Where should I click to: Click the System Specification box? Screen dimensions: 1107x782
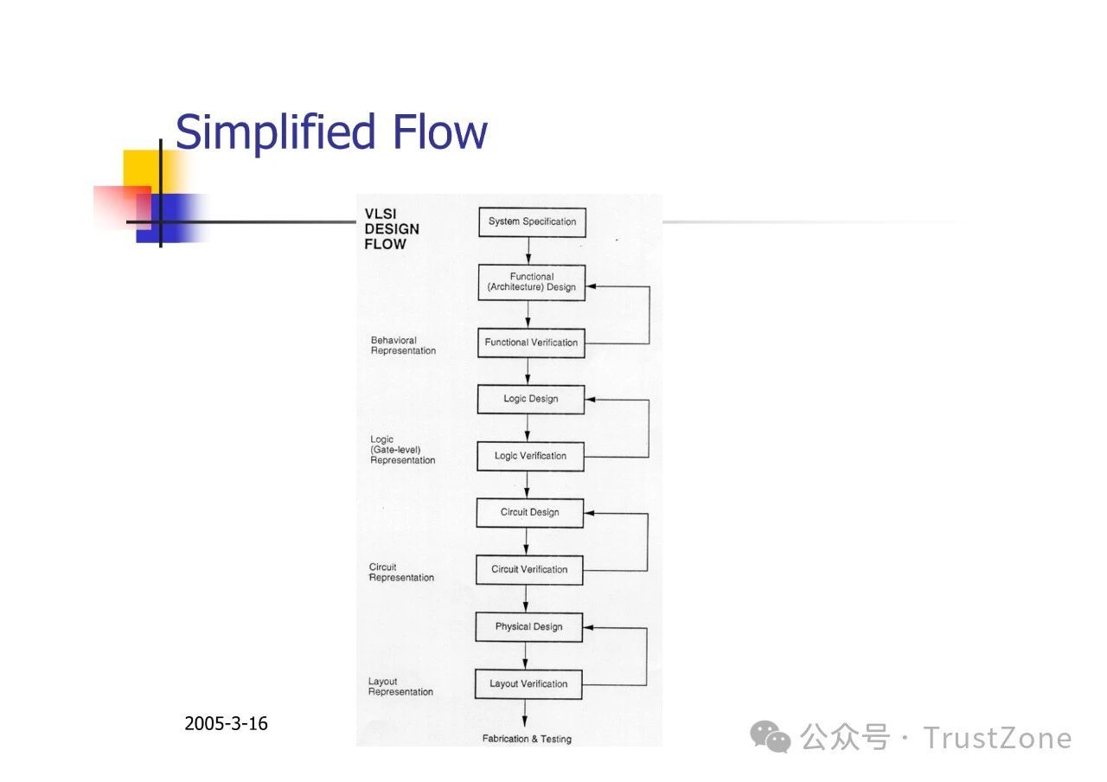click(532, 222)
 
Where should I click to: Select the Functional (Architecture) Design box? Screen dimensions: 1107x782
click(532, 283)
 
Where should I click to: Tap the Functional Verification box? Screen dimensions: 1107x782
click(531, 343)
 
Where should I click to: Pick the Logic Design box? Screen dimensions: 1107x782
click(531, 400)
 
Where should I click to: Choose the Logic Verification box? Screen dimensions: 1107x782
click(530, 456)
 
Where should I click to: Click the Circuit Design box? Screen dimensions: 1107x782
click(530, 513)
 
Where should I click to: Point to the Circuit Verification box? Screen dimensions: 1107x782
click(529, 570)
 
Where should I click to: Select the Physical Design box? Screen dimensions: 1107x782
click(528, 627)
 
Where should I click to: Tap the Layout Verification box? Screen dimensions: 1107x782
click(528, 684)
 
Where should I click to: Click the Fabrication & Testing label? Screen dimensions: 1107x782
click(527, 739)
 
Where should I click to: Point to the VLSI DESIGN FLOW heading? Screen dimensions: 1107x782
click(392, 229)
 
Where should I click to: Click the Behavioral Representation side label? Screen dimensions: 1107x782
click(403, 345)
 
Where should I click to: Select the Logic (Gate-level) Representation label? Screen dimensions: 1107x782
click(403, 450)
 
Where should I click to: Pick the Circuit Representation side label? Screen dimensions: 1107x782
click(401, 573)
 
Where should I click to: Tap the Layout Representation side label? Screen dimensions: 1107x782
click(400, 687)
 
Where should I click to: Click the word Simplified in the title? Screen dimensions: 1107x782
click(275, 132)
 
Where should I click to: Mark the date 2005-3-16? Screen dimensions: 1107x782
click(226, 724)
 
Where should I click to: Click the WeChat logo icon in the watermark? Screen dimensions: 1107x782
click(770, 736)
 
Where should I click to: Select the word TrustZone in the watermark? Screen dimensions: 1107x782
click(997, 738)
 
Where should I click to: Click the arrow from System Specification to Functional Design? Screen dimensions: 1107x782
click(528, 251)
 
